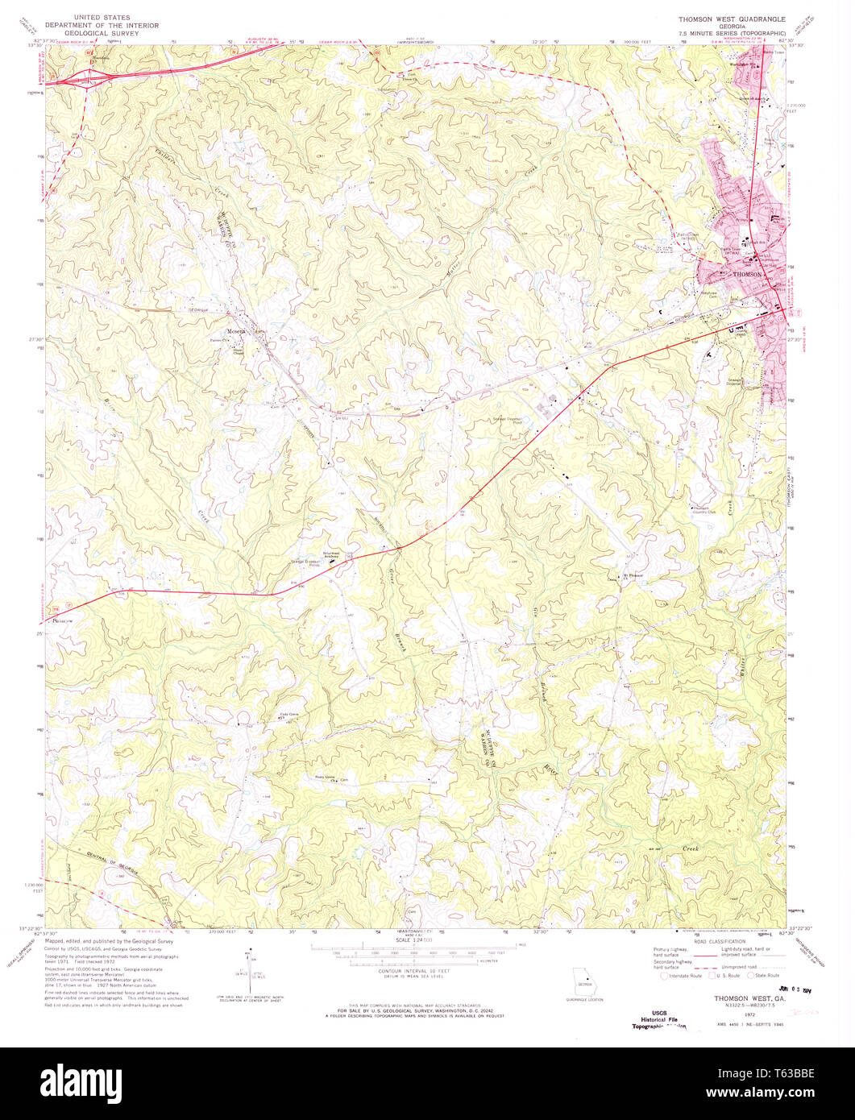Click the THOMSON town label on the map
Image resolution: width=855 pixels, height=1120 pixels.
[x=748, y=275]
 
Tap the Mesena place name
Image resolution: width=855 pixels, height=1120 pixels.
[x=237, y=330]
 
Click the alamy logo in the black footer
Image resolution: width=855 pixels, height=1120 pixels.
[x=427, y=1083]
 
